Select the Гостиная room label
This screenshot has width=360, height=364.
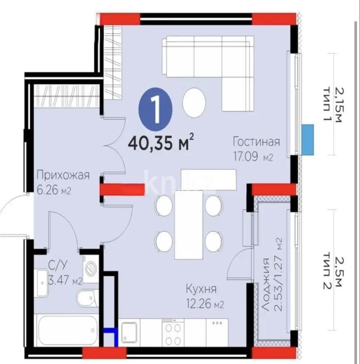coord(256,142)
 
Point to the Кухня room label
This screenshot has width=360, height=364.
coord(201,289)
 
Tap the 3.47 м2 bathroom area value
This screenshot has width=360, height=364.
coord(65,281)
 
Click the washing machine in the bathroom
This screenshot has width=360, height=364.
coord(90,269)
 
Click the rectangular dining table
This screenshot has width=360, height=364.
coord(189,224)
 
